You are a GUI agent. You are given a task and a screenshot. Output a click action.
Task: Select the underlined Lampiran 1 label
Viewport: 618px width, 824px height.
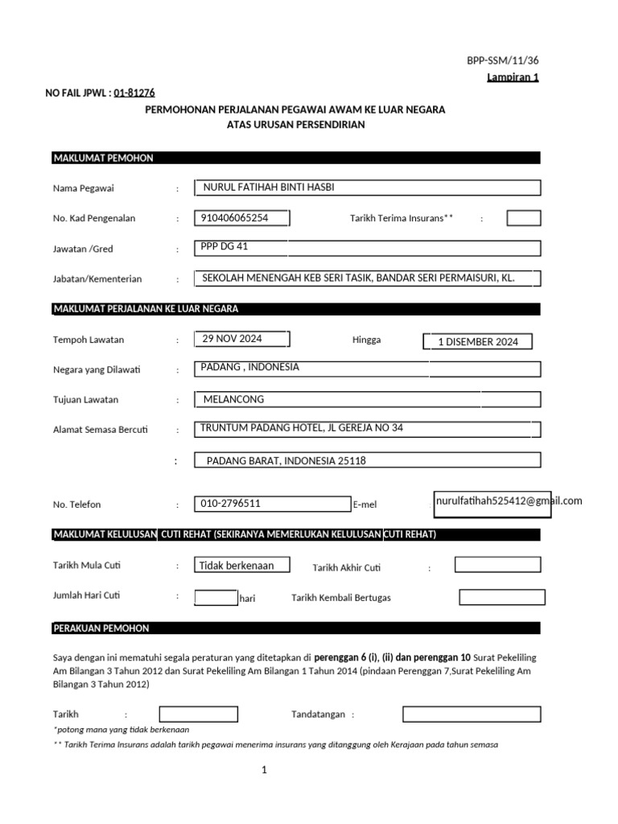tap(513, 77)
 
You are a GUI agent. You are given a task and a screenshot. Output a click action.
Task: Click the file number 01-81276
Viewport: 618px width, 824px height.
tap(134, 93)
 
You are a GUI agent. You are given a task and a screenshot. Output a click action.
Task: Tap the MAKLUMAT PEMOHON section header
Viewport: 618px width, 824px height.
tap(103, 158)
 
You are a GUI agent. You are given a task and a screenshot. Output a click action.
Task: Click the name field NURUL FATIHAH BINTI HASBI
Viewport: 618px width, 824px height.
tap(269, 187)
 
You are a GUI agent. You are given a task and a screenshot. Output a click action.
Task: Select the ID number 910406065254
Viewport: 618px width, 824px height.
tap(236, 217)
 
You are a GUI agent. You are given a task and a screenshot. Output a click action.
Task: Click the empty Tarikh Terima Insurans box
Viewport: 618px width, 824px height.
tap(523, 218)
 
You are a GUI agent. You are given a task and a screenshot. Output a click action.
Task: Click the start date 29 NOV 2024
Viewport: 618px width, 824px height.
tap(233, 338)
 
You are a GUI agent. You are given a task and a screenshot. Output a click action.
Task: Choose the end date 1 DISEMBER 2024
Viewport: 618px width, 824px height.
tap(478, 342)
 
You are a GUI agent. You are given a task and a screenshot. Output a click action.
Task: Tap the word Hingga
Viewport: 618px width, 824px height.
tap(366, 340)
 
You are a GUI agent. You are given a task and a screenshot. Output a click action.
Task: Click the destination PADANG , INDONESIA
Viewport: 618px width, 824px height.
tap(249, 367)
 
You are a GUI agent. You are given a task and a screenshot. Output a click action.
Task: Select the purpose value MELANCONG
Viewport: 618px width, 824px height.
tap(233, 399)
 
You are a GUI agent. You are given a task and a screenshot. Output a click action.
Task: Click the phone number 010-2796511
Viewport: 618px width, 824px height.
tap(230, 504)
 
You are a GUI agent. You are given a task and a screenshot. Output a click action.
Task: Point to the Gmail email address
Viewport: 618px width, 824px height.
tap(508, 501)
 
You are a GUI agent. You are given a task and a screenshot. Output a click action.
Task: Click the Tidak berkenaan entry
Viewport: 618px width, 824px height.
tap(237, 565)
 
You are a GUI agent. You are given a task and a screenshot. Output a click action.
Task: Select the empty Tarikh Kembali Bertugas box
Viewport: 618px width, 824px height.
tap(501, 597)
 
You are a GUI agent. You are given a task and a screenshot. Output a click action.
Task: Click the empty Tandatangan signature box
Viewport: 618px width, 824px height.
tap(472, 714)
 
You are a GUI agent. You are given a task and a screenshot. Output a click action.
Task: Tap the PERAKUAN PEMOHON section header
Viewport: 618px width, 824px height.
tap(101, 628)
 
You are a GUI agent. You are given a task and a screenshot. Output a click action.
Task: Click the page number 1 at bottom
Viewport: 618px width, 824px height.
tap(263, 770)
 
